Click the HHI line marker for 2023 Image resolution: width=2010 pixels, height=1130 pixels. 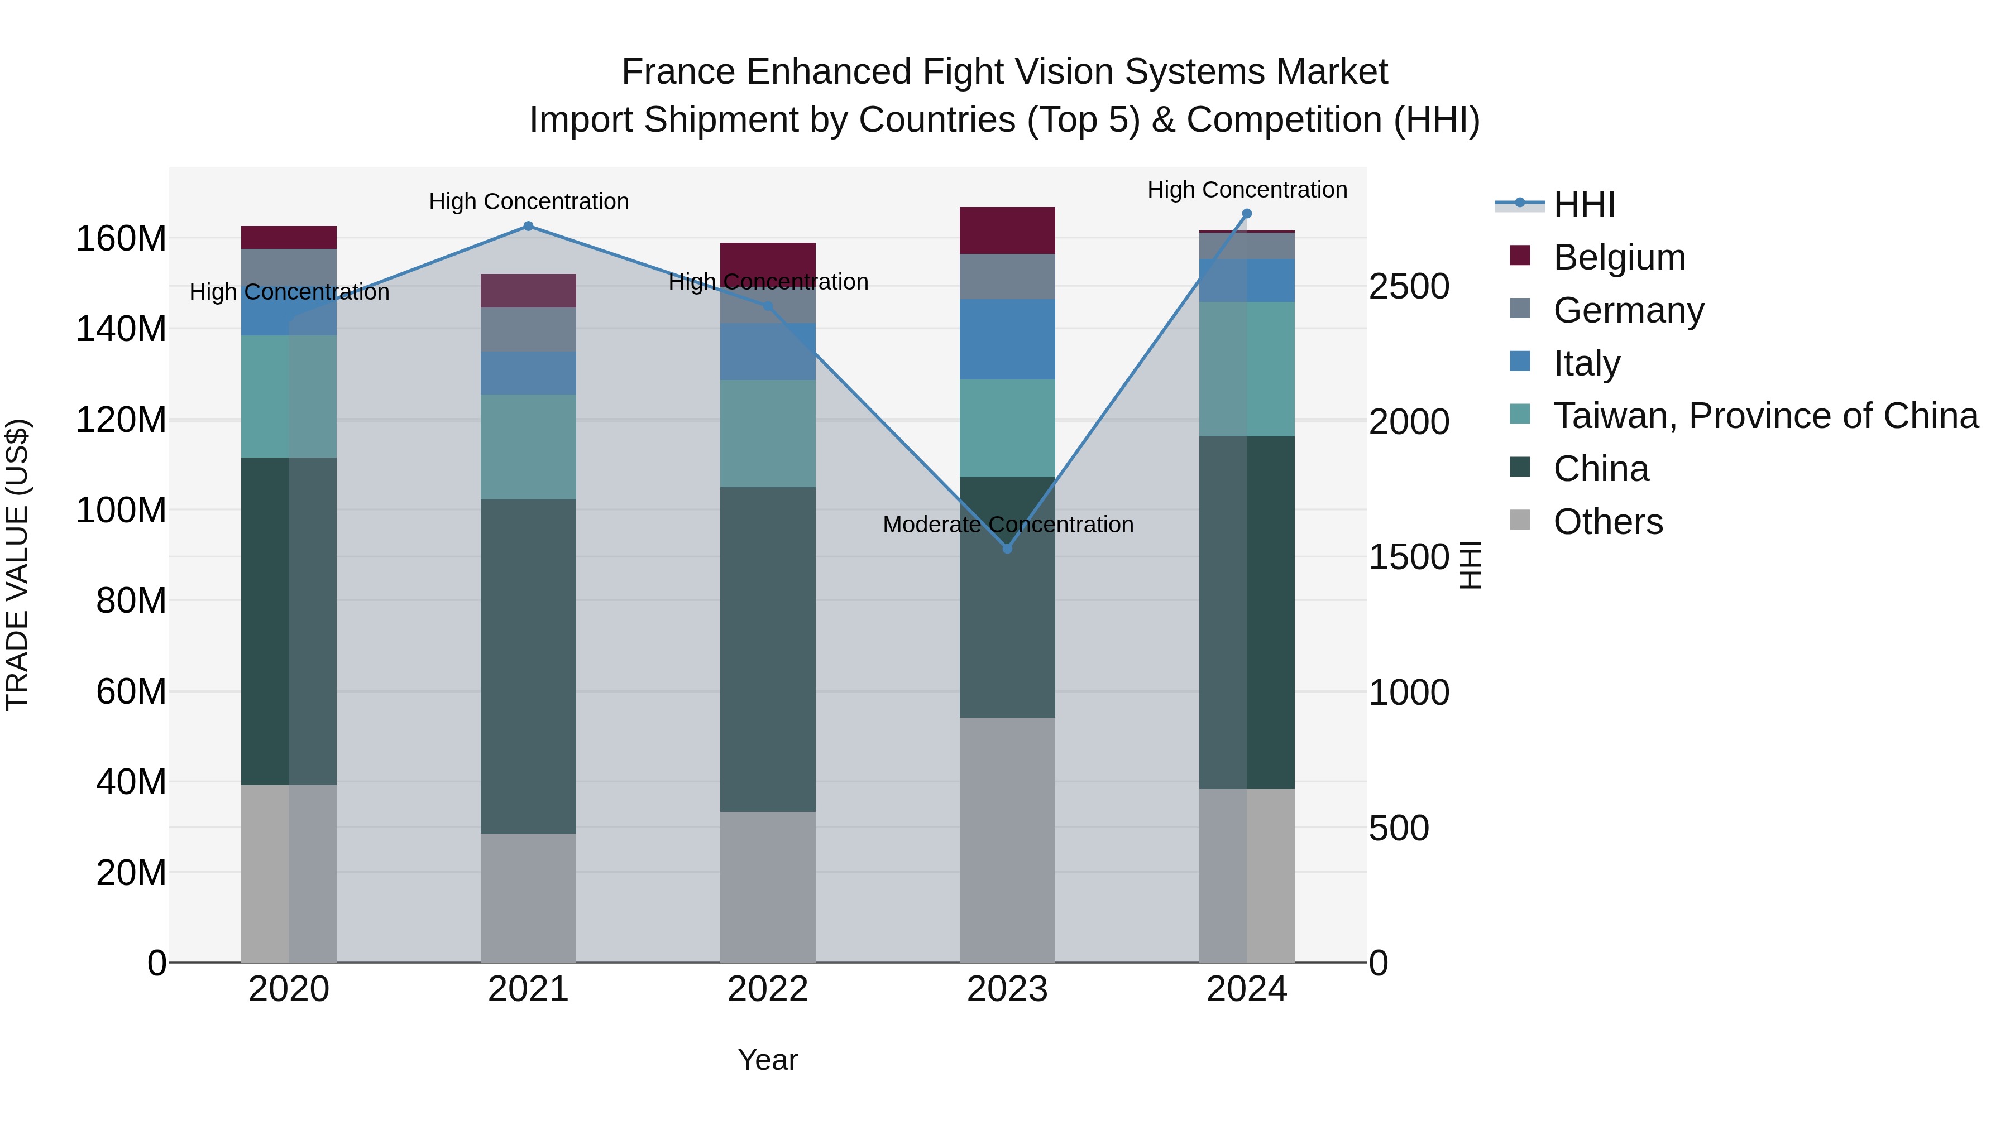point(1007,549)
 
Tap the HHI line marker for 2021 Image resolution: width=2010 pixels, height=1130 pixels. point(528,226)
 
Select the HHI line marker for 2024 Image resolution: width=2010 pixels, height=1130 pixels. point(1246,214)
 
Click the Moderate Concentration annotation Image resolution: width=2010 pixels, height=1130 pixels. point(1007,525)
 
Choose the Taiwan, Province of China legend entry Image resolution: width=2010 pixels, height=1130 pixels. point(1765,416)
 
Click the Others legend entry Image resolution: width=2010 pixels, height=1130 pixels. point(1607,522)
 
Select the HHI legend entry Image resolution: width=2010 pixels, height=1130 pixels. point(1583,204)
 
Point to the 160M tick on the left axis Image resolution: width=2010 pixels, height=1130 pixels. point(121,239)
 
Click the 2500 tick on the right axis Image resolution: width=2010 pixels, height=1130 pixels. point(1409,286)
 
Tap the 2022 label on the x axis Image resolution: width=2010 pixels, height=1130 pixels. point(768,989)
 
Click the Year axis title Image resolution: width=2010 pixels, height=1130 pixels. point(768,1060)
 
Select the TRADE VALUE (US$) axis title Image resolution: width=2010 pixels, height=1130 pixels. point(17,565)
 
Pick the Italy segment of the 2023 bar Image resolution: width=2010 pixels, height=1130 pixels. point(1007,339)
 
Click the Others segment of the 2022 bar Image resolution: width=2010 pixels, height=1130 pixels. point(768,887)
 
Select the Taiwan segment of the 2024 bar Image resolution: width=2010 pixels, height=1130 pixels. point(1246,369)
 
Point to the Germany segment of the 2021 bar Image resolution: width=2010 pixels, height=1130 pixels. point(528,329)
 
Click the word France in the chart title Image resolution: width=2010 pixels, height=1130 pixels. point(679,72)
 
